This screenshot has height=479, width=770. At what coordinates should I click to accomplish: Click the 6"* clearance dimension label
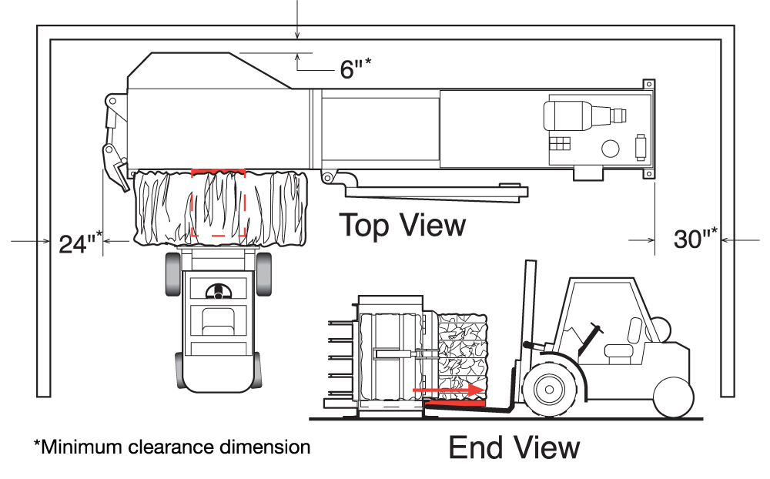point(356,68)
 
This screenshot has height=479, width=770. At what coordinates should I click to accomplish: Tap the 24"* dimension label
point(81,243)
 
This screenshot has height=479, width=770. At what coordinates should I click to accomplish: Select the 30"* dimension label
point(695,238)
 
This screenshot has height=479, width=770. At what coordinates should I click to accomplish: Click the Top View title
point(402,225)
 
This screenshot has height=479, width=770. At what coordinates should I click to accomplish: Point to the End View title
point(514,447)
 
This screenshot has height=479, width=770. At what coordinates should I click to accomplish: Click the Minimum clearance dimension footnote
point(172,447)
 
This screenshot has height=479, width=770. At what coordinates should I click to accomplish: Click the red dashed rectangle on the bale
point(218,202)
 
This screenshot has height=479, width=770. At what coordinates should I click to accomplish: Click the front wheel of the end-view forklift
point(549,390)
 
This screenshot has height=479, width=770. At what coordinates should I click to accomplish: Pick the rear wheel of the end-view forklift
point(674,397)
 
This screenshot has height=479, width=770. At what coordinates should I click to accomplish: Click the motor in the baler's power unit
point(585,116)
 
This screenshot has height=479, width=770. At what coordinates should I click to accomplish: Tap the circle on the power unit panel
point(611,149)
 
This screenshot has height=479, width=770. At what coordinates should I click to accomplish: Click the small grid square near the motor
point(560,144)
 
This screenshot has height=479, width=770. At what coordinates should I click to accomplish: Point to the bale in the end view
point(461,357)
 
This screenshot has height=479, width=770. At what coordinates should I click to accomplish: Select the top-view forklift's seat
point(218,321)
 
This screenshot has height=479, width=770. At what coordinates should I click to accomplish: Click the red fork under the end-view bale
point(455,404)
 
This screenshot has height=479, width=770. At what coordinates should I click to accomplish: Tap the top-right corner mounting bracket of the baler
point(648,84)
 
